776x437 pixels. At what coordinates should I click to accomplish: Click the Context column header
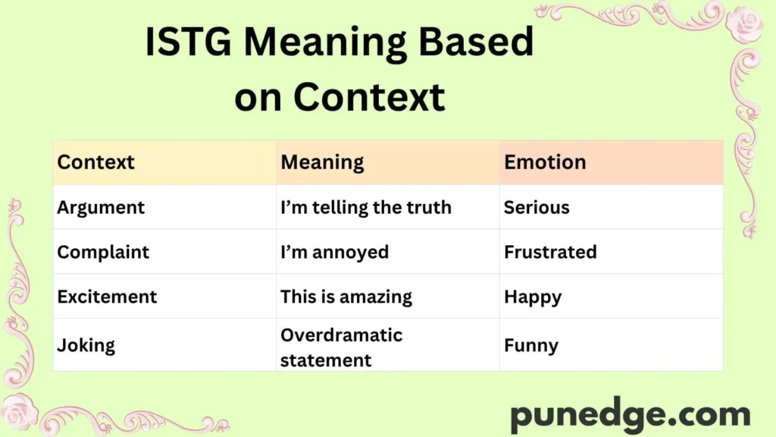coord(95,162)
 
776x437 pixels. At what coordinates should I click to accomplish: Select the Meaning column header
coord(322,162)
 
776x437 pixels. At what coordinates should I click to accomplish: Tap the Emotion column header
coord(545,162)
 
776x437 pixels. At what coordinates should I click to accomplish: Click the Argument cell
coord(101,207)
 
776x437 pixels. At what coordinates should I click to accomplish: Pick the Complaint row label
coord(103,252)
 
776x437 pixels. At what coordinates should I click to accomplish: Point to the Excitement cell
coord(107,297)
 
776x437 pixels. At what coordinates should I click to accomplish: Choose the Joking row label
coord(86,345)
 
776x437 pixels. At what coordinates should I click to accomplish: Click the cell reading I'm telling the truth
coord(366,207)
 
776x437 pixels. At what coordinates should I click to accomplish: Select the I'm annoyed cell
coord(334,252)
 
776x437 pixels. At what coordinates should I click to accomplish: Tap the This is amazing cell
coord(346,297)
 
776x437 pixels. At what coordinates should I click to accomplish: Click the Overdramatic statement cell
coord(341,347)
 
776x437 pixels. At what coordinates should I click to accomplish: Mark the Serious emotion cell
coord(537,207)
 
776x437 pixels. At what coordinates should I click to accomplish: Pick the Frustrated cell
coord(550,252)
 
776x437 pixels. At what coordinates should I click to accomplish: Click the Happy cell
coord(533,297)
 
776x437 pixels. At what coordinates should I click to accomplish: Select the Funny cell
coord(531,345)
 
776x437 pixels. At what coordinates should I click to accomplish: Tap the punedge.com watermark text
coord(630,415)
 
